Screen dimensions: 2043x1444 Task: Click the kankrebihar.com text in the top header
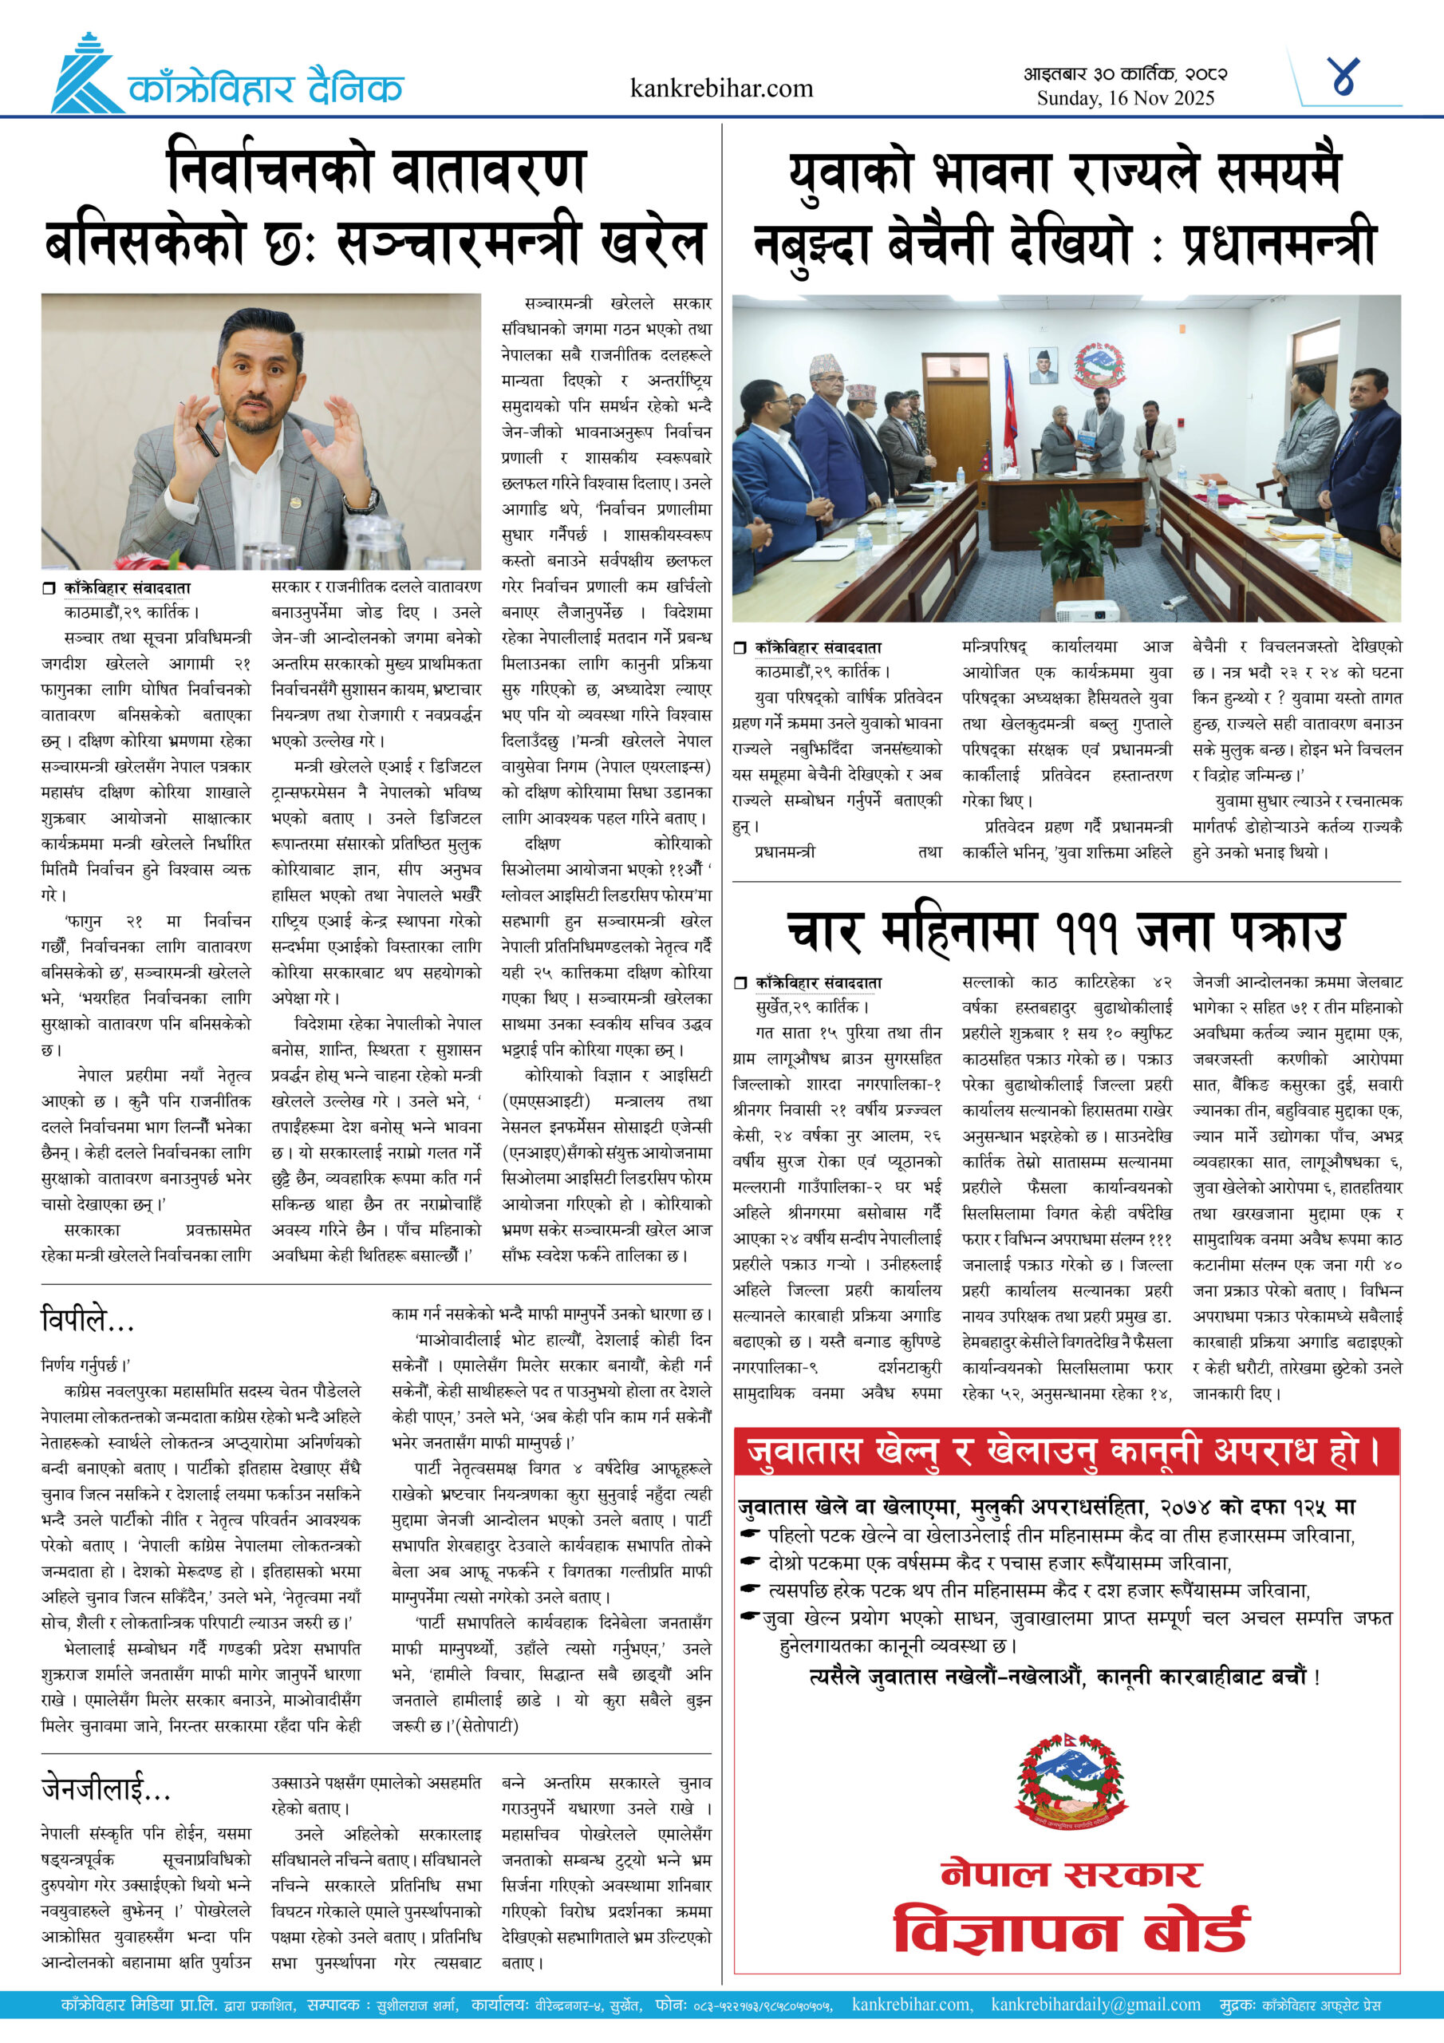tap(720, 88)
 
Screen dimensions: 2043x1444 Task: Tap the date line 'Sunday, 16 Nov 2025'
tap(1125, 98)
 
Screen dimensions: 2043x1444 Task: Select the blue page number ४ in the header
tap(1343, 77)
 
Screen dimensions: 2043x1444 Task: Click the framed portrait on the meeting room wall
tap(1043, 365)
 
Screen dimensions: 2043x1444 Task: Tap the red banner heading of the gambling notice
tap(1065, 1452)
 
